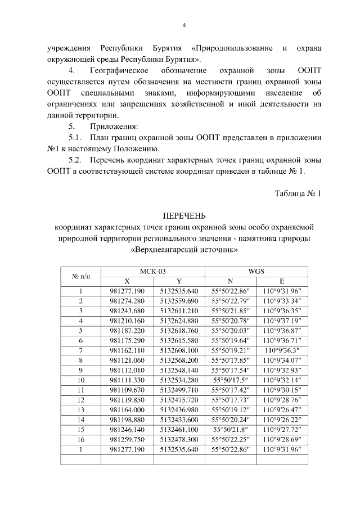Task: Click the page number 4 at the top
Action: (184, 25)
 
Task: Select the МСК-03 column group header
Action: (152, 271)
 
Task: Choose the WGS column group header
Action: (256, 271)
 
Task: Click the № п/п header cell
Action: (80, 276)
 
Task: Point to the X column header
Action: (127, 281)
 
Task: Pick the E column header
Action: (281, 281)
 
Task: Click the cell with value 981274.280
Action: (127, 301)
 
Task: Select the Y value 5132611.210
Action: (179, 310)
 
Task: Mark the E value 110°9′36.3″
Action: (281, 350)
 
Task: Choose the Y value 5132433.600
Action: (179, 420)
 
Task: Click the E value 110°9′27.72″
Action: (281, 430)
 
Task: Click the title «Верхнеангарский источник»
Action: (184, 249)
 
